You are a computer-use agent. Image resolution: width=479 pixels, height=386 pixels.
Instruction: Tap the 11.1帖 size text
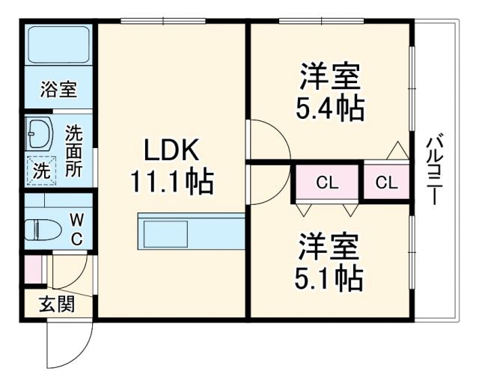[x=171, y=182]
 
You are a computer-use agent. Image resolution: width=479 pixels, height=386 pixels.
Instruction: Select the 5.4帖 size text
[x=330, y=109]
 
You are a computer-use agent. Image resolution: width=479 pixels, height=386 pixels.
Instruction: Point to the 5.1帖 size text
[x=329, y=278]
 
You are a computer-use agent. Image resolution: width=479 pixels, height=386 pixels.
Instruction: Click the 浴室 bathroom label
[x=58, y=91]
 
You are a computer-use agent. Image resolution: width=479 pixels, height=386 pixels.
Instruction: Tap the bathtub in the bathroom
[x=58, y=47]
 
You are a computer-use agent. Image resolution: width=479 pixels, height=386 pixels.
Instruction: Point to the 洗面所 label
[x=73, y=150]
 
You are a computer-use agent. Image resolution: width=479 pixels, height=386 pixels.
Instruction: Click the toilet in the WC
[x=42, y=229]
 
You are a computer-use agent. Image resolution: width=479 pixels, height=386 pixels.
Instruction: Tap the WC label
[x=77, y=229]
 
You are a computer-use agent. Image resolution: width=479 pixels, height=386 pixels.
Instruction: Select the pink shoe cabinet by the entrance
[x=32, y=269]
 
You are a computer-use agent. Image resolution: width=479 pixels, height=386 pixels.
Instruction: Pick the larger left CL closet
[x=326, y=183]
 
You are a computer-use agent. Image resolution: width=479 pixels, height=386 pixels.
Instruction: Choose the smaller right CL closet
[x=386, y=183]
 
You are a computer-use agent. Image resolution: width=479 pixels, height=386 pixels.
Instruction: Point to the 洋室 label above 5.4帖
[x=330, y=77]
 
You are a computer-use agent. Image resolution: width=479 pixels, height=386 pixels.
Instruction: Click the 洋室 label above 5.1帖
[x=329, y=245]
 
